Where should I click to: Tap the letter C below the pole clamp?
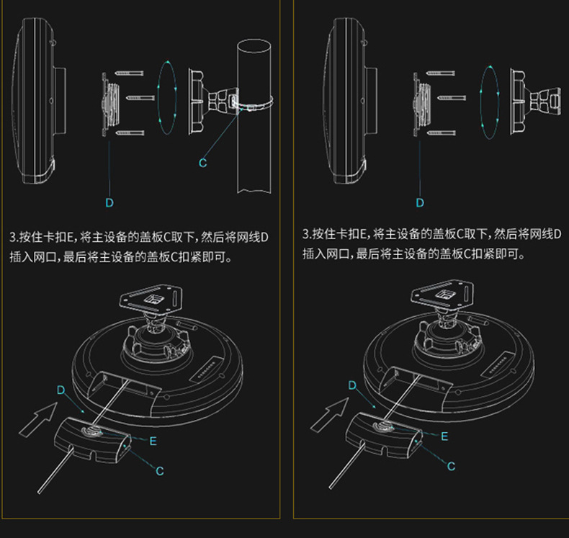tap(202, 163)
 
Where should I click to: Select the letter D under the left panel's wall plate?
tap(109, 202)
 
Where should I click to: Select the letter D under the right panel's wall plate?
tap(420, 202)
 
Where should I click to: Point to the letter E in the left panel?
tap(153, 441)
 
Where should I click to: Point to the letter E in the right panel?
tap(444, 436)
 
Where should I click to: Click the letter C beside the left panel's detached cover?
tap(160, 471)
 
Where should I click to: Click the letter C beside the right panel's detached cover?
tap(451, 466)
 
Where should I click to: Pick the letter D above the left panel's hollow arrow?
tap(61, 390)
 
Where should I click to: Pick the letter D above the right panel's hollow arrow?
tap(352, 385)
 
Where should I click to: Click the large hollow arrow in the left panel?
tap(37, 418)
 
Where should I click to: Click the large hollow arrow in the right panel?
tap(329, 414)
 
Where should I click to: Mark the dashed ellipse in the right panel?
tap(489, 97)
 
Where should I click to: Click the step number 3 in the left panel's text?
tap(13, 237)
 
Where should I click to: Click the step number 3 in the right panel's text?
tap(305, 234)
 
